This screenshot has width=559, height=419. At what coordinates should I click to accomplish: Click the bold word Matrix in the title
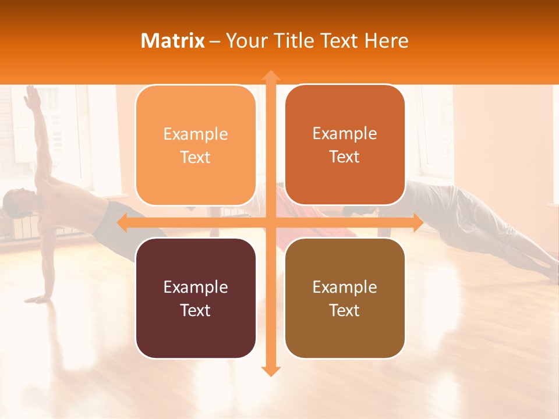tap(173, 41)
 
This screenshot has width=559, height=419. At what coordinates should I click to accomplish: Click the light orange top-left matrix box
tap(196, 145)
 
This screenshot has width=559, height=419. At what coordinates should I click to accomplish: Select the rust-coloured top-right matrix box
tap(345, 145)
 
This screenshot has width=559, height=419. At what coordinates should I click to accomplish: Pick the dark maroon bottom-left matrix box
tap(196, 298)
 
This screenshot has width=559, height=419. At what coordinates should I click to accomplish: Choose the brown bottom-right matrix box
tap(345, 298)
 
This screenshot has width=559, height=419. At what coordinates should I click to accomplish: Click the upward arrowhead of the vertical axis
tap(270, 75)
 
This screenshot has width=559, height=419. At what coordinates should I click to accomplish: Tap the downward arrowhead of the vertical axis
tap(270, 371)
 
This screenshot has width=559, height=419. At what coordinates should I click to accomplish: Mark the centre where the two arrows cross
tap(270, 222)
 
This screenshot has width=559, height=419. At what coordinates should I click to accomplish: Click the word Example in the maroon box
tap(196, 287)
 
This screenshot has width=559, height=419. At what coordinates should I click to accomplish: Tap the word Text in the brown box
tap(345, 310)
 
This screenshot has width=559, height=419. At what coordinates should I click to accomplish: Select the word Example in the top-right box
tap(345, 134)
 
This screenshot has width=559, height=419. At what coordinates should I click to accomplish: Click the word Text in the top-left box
tap(196, 158)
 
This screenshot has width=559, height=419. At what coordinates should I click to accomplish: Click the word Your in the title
tap(243, 41)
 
